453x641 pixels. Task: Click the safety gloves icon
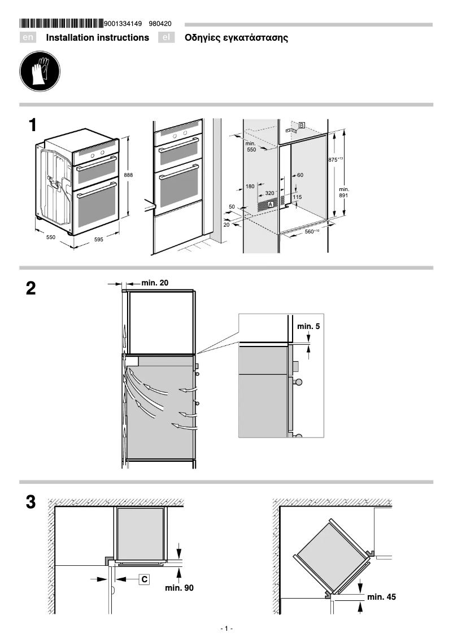[37, 73]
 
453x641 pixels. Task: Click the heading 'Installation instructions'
[97, 38]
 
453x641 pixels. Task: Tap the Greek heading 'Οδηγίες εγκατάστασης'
[236, 38]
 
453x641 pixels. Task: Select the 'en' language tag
[28, 38]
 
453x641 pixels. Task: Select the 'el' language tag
[165, 38]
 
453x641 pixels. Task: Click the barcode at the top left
[62, 24]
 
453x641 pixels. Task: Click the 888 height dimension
[129, 176]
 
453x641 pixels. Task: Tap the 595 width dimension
[98, 240]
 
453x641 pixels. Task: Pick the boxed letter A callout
[271, 203]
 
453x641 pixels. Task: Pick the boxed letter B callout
[302, 125]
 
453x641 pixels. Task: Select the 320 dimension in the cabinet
[269, 193]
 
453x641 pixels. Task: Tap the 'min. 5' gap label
[308, 327]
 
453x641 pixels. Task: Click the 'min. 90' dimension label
[179, 588]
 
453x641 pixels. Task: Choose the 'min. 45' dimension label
[381, 596]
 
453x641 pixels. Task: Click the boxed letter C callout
[145, 579]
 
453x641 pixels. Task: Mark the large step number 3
[31, 502]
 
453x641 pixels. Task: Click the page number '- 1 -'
[226, 629]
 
